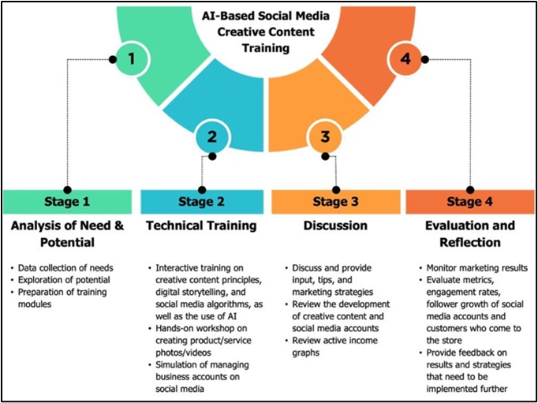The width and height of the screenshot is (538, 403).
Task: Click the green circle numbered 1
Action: tap(132, 59)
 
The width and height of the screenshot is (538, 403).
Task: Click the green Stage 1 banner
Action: tap(69, 201)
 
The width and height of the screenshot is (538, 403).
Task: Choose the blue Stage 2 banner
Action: tap(201, 201)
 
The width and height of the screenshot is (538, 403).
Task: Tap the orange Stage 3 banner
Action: tap(335, 201)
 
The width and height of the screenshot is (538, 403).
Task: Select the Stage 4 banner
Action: tap(469, 201)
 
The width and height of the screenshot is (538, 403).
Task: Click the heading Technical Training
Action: tap(201, 226)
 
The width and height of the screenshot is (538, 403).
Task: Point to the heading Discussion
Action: tap(335, 226)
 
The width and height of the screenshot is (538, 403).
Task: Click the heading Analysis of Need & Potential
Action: tap(69, 233)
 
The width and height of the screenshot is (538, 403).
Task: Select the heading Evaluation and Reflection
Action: tap(469, 233)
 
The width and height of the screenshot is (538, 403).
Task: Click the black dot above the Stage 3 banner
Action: tap(337, 188)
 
